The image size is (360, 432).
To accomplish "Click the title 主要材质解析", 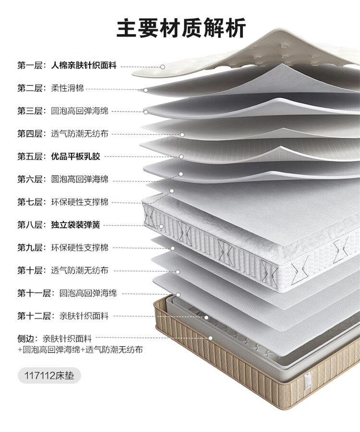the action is click(x=181, y=28).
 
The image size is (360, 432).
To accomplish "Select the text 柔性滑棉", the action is click(x=67, y=88).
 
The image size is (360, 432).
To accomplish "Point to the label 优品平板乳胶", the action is click(x=76, y=156).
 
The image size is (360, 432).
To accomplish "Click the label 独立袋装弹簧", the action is click(x=76, y=225).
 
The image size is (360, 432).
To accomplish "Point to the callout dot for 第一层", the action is click(x=163, y=67).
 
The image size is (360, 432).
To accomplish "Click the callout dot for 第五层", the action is click(x=181, y=156).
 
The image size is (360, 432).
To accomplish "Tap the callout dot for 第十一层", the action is click(x=178, y=294).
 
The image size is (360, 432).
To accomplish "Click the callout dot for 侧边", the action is click(x=210, y=338).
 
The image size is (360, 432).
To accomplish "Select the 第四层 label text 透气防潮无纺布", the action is click(x=80, y=134).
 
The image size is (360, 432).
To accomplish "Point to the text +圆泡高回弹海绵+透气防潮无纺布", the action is click(x=80, y=350).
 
